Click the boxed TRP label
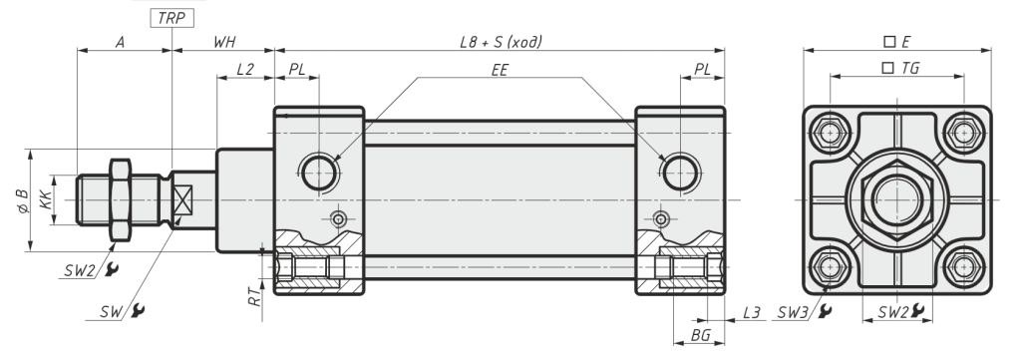click(x=171, y=18)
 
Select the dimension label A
click(x=121, y=42)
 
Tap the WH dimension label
click(x=224, y=42)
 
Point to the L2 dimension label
click(x=245, y=69)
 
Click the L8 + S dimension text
click(x=501, y=42)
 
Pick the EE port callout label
click(x=500, y=70)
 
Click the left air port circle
click(x=319, y=174)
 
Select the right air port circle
click(x=680, y=174)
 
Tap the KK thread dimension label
click(x=45, y=199)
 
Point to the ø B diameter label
click(x=22, y=201)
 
